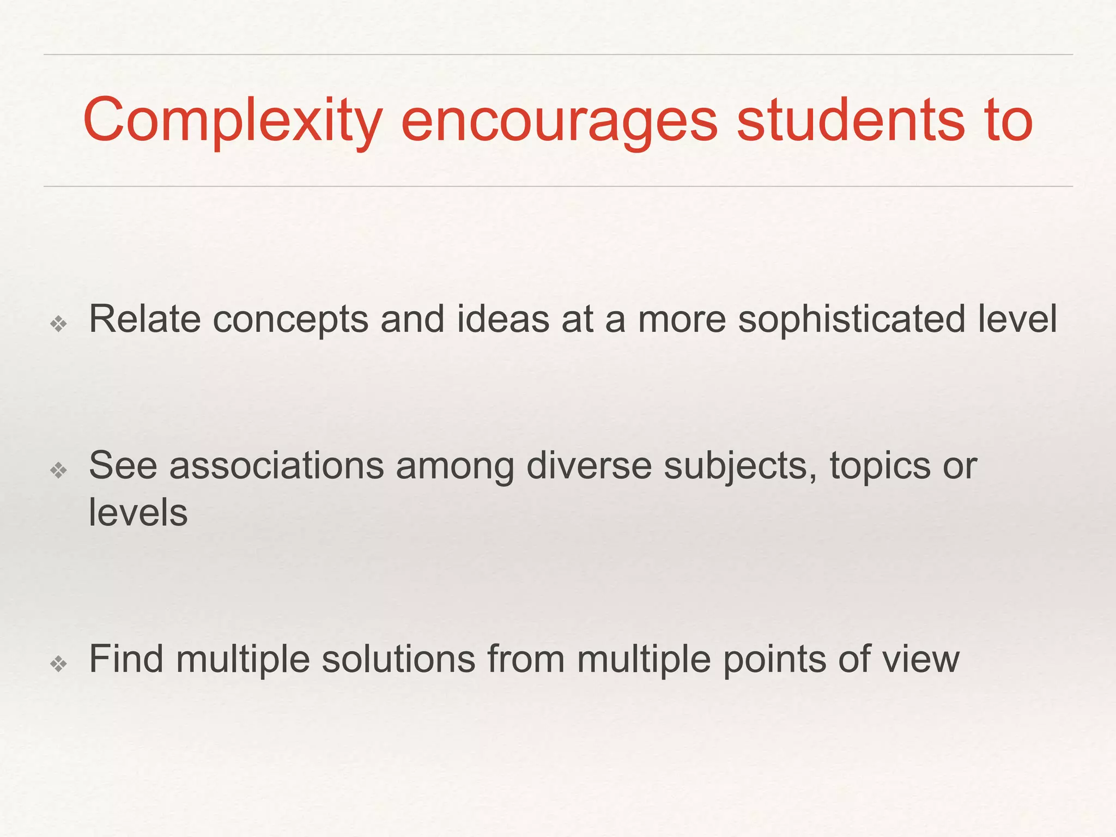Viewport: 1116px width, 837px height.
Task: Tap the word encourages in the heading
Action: click(x=559, y=121)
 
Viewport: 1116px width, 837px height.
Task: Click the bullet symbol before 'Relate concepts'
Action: click(x=58, y=324)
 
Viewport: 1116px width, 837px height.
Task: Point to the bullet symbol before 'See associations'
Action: click(x=58, y=470)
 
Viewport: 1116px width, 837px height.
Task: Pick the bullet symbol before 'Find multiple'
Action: click(x=58, y=663)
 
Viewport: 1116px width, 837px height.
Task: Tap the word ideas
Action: click(x=503, y=319)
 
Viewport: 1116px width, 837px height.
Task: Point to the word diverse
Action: click(x=589, y=466)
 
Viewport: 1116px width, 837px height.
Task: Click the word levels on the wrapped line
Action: click(x=138, y=513)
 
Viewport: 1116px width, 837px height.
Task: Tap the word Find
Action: click(x=126, y=659)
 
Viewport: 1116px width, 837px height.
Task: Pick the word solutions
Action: click(x=398, y=659)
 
